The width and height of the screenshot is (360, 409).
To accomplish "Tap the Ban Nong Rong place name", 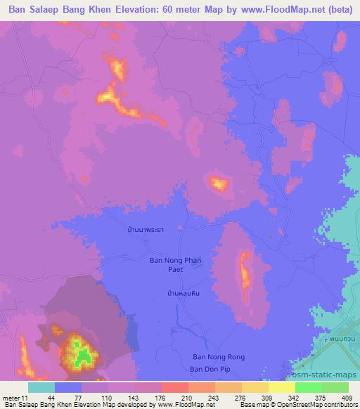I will [x=219, y=357].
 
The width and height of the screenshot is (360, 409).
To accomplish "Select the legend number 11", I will [x=25, y=398].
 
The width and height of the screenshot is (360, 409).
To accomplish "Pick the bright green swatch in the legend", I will [x=308, y=387].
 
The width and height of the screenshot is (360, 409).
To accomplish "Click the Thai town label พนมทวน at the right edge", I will [x=345, y=339].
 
